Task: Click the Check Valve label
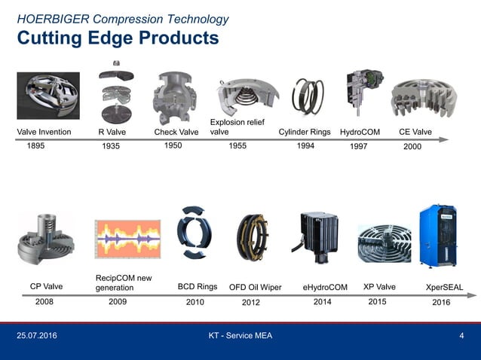[x=176, y=133]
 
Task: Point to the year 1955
[x=238, y=146]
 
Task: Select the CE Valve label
[x=415, y=133]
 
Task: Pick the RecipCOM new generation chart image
[x=127, y=239]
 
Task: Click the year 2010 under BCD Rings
[x=195, y=302]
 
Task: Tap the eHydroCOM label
[x=325, y=287]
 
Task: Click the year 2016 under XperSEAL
[x=441, y=302]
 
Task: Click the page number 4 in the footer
[x=461, y=335]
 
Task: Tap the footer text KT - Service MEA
[x=240, y=335]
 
